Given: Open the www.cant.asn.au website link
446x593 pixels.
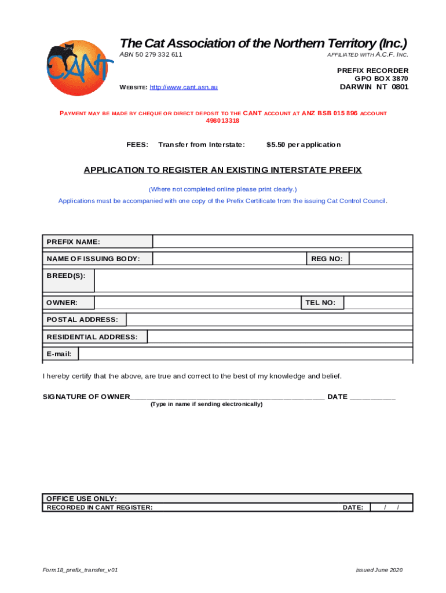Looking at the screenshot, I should pos(184,87).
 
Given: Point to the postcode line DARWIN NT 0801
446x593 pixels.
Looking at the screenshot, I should pos(374,87).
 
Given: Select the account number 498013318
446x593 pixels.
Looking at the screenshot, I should pos(223,121).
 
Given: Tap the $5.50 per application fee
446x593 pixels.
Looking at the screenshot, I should pos(304,145).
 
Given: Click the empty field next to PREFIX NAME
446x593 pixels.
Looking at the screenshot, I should pos(282,241).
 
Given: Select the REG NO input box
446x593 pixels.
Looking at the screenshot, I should pos(381,259).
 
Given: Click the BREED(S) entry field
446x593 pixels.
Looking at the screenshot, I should pos(253,281).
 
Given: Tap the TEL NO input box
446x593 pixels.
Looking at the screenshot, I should pos(378,302).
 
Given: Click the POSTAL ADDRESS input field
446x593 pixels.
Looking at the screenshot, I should pos(269,320).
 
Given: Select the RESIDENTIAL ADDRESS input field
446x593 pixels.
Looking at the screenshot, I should pos(280,337).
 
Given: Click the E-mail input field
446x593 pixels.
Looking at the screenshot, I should pos(246,354).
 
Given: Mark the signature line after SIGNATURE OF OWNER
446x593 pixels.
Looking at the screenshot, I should pos(227,397).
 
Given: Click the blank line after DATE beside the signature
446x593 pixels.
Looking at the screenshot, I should pos(373,397).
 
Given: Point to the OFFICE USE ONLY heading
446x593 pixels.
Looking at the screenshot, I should pos(82,499).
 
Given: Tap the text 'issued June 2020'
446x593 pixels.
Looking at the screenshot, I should pos(379,570).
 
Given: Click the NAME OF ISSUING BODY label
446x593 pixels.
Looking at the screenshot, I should pos(93,259).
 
